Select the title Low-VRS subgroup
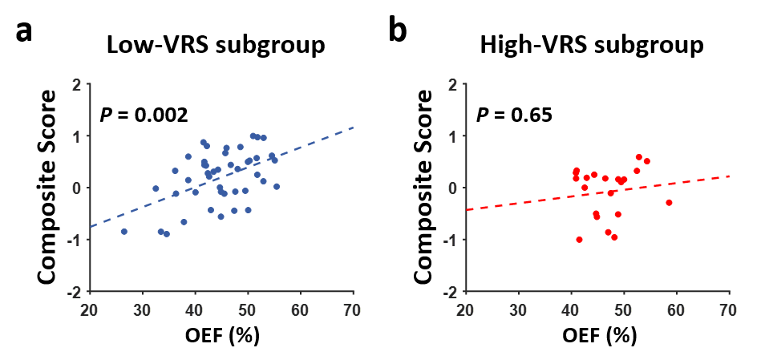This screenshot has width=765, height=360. click(x=217, y=45)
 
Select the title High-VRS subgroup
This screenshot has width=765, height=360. click(x=592, y=45)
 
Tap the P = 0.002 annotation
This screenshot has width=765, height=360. click(x=144, y=115)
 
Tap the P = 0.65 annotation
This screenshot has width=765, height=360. click(x=516, y=115)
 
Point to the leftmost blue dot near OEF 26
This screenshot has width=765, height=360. click(x=123, y=232)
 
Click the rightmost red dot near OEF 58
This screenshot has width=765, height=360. click(x=669, y=203)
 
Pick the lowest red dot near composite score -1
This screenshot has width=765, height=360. click(x=579, y=240)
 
